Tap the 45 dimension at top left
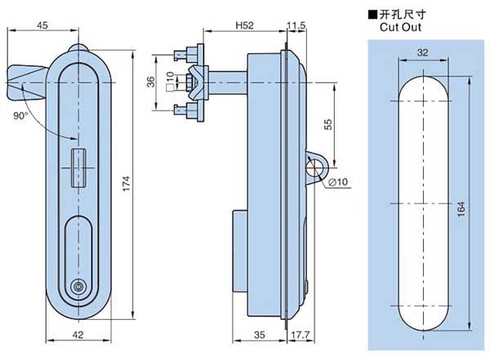pos(42,24)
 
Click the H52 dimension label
pos(243,25)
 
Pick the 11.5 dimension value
pos(296,25)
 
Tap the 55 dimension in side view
pos(329,124)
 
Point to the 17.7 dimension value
pos(299,334)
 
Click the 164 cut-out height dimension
pos(462,210)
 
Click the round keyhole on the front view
pos(79,286)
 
